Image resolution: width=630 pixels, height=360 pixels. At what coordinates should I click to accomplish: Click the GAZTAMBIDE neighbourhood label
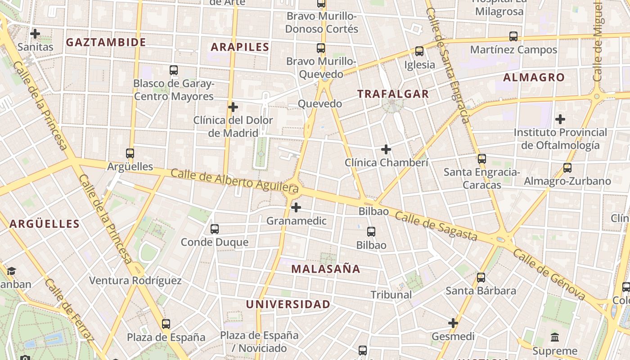pos(106,42)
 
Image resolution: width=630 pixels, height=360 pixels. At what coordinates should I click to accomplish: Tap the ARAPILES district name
pos(240,47)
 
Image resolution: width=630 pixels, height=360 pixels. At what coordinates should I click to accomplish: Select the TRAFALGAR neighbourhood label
pos(393,94)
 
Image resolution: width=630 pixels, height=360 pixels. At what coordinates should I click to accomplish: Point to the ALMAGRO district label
pos(534,77)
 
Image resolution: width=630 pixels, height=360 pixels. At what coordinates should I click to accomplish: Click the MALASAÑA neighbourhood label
pos(326,269)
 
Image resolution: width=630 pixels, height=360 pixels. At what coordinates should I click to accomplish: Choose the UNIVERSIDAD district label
pos(288,304)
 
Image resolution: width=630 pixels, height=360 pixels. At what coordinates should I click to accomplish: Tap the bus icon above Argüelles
pos(130,153)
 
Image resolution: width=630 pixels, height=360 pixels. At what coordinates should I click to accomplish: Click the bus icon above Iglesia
pos(419,51)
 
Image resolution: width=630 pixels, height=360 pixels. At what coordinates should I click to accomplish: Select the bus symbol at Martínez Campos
pos(513,36)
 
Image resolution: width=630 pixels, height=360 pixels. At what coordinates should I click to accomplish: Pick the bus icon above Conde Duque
pos(215,229)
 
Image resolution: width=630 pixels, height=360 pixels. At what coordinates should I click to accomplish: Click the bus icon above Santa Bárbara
pos(481,278)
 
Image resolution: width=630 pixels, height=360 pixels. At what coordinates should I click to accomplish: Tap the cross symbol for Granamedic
pos(296,207)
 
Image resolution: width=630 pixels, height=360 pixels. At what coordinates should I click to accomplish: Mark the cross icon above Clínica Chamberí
pos(386,149)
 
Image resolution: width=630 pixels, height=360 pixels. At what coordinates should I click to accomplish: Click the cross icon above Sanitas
pos(35,34)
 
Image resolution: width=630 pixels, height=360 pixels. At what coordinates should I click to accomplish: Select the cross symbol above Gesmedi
pos(453,323)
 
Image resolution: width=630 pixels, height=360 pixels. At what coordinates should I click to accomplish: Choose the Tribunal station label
pos(391,295)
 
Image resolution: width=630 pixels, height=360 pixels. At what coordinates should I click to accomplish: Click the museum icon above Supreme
pos(555,337)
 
